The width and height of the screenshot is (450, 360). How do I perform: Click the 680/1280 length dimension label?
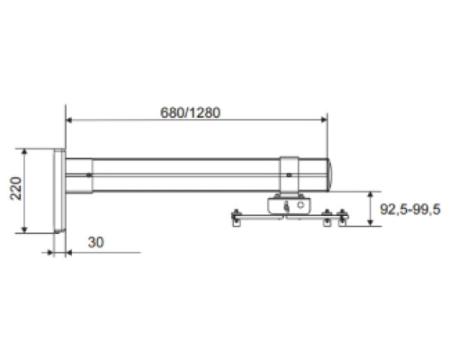(190, 112)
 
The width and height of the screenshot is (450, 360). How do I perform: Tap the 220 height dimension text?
(16, 188)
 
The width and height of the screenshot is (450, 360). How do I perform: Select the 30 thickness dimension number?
(96, 242)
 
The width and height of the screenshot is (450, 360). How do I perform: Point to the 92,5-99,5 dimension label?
(410, 209)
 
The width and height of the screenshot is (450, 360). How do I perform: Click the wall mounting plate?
(59, 190)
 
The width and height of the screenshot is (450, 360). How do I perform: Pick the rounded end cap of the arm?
(330, 175)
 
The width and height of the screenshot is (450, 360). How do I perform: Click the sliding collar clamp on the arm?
(289, 175)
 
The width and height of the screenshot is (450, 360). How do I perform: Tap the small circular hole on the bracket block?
(301, 205)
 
